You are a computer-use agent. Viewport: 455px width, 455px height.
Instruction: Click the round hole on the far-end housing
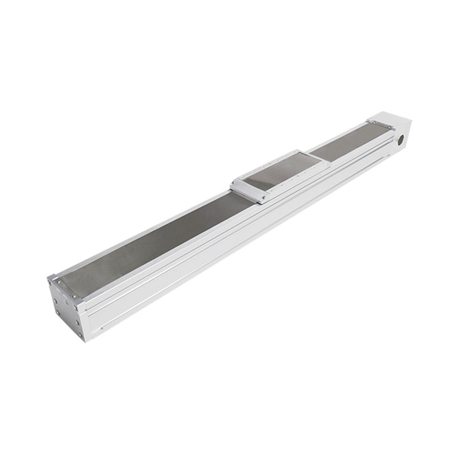pos(400,138)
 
